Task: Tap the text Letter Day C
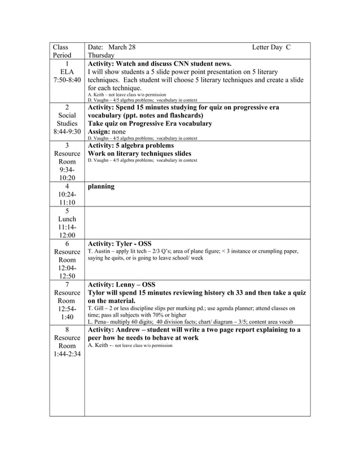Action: pos(271,47)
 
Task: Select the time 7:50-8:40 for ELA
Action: pos(67,82)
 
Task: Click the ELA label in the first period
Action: pos(67,73)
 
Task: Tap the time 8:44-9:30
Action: pos(67,132)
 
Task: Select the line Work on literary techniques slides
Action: pos(139,153)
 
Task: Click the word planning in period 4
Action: pos(102,186)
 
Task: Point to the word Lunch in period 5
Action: pos(67,219)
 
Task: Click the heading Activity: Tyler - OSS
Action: pos(128,244)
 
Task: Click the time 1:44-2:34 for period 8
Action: pos(67,354)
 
